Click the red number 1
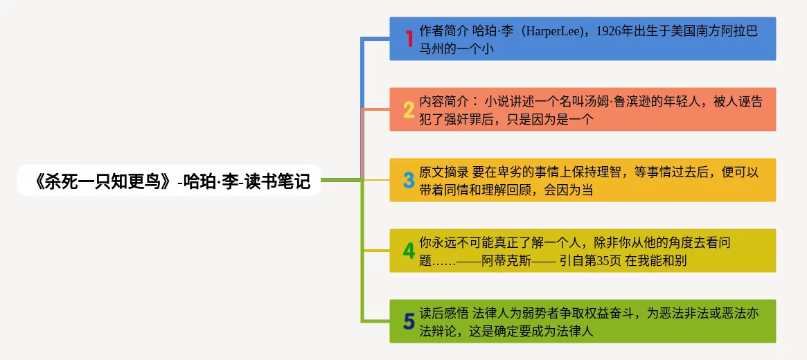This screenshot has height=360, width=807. tap(409, 39)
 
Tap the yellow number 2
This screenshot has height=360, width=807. tap(409, 109)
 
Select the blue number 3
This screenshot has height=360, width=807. tap(409, 180)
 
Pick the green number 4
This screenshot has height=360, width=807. tap(409, 251)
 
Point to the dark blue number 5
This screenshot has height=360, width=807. tap(409, 321)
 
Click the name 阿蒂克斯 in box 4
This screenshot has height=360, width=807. tap(506, 261)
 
